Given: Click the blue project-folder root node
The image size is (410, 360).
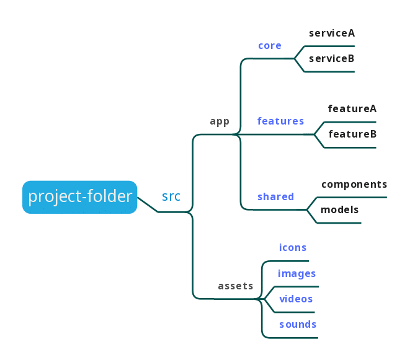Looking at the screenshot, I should [x=80, y=197].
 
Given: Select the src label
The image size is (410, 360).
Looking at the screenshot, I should [x=171, y=197].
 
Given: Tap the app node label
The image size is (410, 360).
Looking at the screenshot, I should [x=220, y=121].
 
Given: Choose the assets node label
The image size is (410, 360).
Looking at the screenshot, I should [x=236, y=286].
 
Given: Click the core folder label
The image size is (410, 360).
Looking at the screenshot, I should [x=270, y=46].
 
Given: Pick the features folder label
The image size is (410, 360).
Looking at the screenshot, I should [x=280, y=121].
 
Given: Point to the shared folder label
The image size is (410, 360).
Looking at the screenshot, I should [x=275, y=197].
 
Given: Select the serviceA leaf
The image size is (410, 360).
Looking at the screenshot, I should [x=332, y=33].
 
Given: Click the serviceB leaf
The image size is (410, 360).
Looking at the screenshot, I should [x=332, y=59].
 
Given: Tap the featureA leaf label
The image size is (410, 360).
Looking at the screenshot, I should [x=352, y=109].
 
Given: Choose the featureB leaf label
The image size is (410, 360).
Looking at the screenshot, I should [x=352, y=134].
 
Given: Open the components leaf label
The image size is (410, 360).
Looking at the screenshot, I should [x=354, y=185].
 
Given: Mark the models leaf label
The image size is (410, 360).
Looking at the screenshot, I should [x=340, y=210].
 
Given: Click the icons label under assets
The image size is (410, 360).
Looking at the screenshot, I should [x=293, y=248].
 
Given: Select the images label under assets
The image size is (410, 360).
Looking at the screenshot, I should [x=297, y=274].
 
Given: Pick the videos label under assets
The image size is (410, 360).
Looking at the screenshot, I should [x=296, y=299].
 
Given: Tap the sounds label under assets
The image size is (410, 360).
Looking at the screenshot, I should [x=298, y=325].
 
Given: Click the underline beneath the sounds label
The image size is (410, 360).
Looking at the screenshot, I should [x=292, y=338].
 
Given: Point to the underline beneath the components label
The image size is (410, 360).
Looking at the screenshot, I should [x=354, y=198].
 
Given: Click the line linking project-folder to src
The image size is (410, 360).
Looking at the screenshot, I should [x=148, y=204].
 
